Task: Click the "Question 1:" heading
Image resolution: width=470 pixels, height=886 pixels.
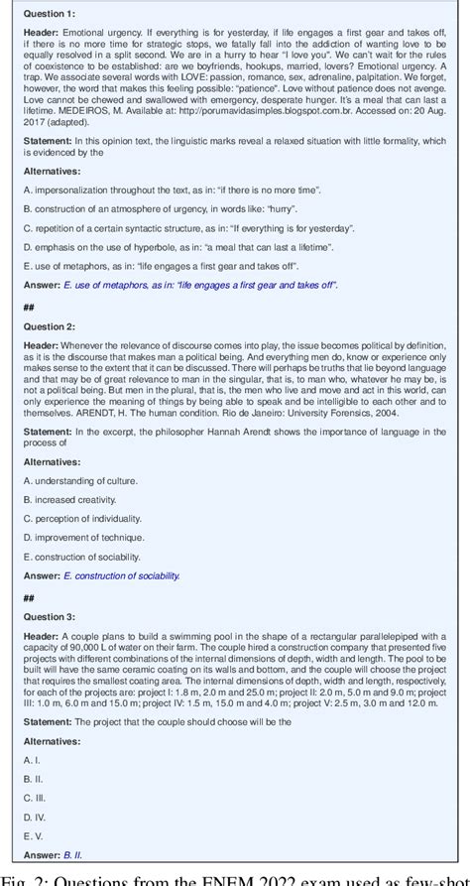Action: (47, 14)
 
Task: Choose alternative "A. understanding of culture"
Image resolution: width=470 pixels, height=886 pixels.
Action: (79, 480)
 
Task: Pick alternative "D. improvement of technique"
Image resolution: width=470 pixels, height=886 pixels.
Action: (83, 538)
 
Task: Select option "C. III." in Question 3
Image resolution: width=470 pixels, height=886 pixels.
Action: (35, 797)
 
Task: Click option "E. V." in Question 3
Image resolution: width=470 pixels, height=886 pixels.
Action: (33, 834)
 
